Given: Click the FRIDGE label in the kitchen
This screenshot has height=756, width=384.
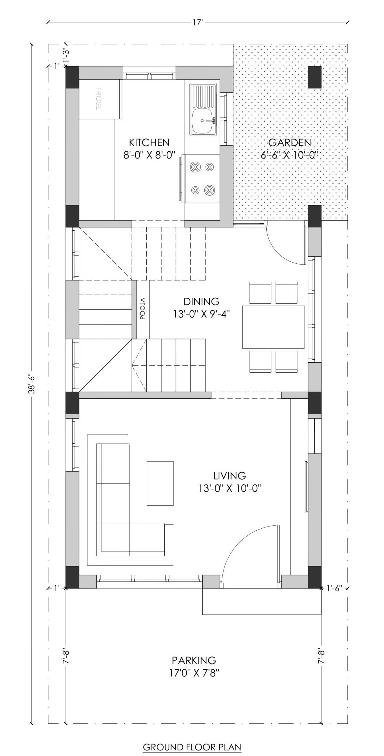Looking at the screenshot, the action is [x=99, y=99].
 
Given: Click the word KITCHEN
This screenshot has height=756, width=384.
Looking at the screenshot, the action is [x=149, y=143].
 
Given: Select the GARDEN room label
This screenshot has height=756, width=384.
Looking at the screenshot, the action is [x=290, y=143].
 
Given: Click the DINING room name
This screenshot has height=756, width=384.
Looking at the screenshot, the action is [x=201, y=301].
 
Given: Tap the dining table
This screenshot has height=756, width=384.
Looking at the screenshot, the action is [x=273, y=327].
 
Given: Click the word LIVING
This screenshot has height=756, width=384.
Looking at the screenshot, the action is [x=230, y=475].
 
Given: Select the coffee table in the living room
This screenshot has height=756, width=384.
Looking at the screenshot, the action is [x=160, y=483].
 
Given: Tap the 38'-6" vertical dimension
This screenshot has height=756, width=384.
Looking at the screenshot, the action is [x=32, y=384].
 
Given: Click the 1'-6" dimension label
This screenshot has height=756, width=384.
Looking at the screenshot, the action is [x=334, y=588].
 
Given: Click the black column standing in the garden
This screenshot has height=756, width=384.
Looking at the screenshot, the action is [x=315, y=77].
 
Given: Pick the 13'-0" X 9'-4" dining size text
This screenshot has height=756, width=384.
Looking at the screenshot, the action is [x=201, y=314].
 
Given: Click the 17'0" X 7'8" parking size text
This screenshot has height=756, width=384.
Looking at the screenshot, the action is [x=194, y=673].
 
